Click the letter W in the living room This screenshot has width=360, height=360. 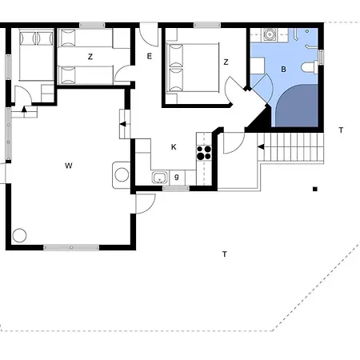69,166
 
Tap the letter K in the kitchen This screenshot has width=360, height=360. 174,147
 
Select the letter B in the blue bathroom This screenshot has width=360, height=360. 283,70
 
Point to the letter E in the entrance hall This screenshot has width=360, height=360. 150,56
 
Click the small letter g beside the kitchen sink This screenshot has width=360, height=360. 177,177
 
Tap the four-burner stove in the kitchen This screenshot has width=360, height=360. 204,153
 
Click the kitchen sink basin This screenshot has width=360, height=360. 160,178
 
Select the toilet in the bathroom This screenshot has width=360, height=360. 310,66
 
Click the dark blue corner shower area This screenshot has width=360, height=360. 297,106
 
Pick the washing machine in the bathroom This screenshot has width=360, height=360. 270,34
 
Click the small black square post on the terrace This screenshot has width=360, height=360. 315,189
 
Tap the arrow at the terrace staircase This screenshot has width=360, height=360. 261,147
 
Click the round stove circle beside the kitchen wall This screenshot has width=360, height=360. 122,175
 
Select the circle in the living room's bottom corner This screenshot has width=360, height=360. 19,235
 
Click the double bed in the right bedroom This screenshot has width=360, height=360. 193,68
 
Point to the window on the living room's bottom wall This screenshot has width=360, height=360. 71,248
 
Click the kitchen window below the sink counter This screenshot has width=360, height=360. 176,189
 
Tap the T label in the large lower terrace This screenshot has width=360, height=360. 225,254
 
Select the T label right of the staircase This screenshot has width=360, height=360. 341,130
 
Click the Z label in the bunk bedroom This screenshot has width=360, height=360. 90,57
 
